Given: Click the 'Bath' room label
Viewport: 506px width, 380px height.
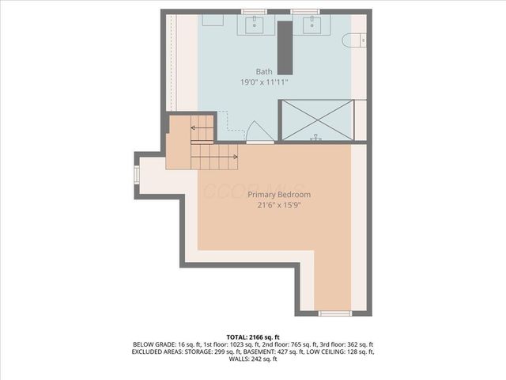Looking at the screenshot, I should (x=264, y=71).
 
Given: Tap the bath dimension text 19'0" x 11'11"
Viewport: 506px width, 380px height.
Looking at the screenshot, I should (x=264, y=82).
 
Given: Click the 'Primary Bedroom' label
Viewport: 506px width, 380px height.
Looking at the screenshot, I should (x=278, y=195).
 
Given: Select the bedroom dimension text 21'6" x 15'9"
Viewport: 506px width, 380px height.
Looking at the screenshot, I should (x=278, y=205).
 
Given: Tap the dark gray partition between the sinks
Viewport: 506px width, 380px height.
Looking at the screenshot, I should (x=283, y=45).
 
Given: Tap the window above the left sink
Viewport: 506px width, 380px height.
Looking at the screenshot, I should (x=254, y=11).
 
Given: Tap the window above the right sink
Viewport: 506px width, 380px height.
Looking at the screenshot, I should (x=304, y=11).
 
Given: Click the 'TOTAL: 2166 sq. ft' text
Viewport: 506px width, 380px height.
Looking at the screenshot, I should (x=252, y=337).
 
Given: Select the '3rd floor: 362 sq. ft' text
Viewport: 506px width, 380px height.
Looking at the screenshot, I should (x=346, y=344).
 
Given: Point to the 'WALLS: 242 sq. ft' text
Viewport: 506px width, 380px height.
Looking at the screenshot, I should (x=252, y=359).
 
